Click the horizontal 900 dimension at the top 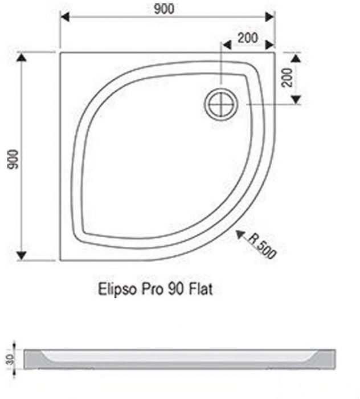tap(165, 9)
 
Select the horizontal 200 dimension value tap(247, 38)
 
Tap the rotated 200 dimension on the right tap(287, 77)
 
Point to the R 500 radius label tap(263, 248)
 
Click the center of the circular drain tap(220, 104)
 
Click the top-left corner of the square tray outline tap(60, 53)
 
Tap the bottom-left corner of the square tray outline tap(60, 260)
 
